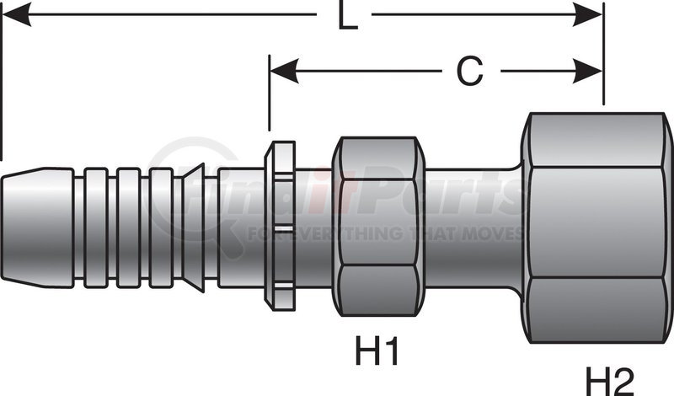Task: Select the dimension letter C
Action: [x=469, y=72]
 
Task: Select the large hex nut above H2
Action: [x=596, y=228]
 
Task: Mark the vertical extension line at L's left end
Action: [x=3, y=84]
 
